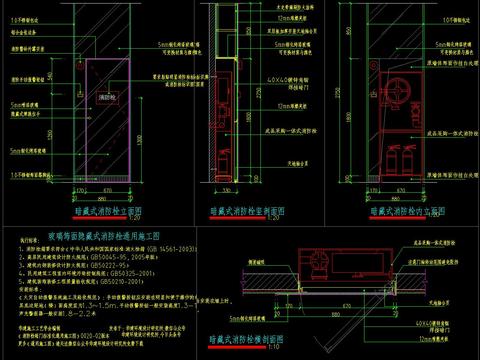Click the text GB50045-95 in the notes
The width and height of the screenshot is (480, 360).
tap(116, 254)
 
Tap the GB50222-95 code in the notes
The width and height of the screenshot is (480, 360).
tap(103, 263)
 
